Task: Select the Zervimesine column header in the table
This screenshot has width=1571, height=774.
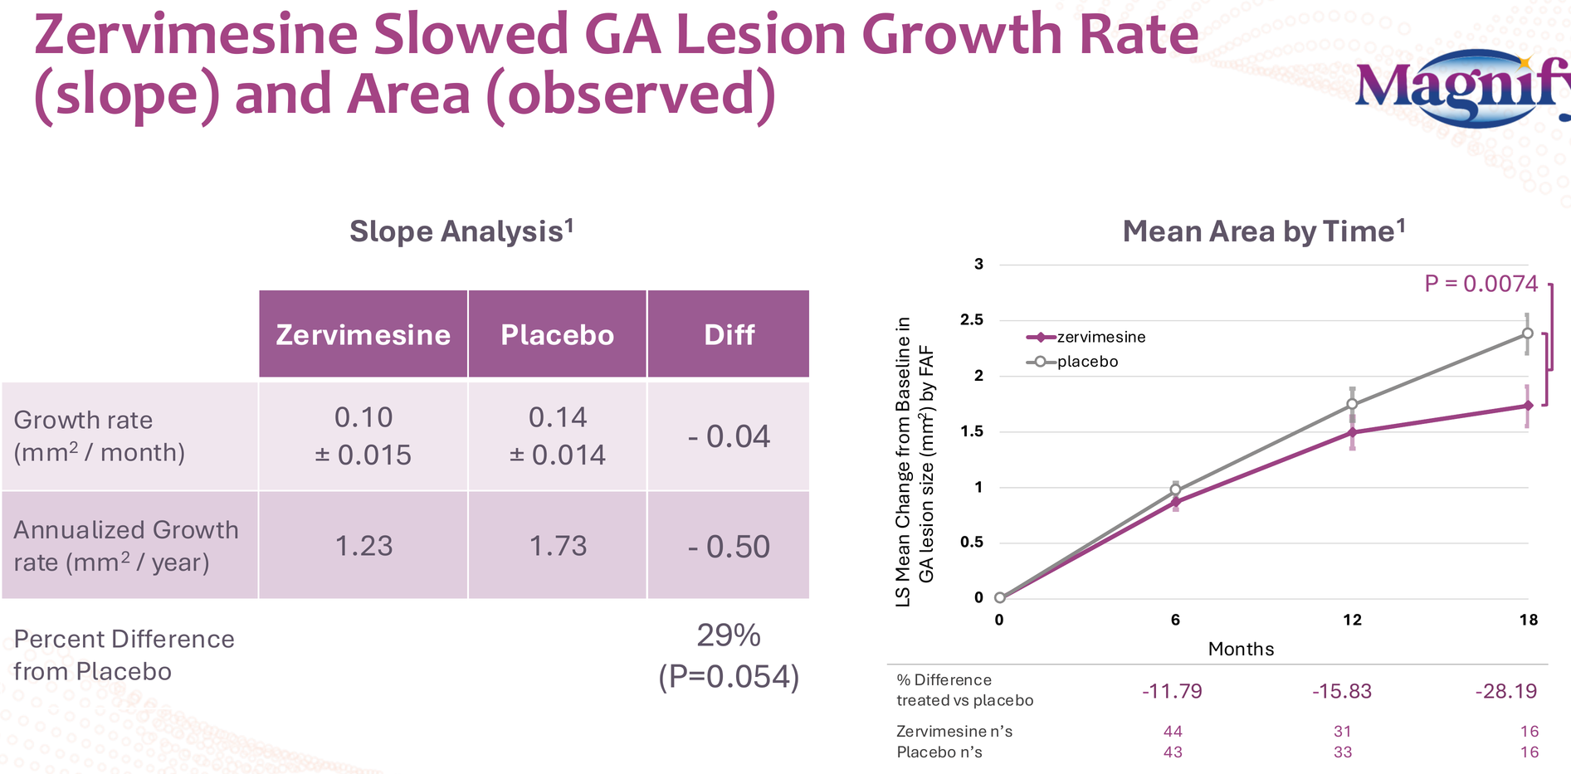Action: [363, 334]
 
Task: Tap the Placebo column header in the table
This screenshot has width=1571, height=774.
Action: [557, 334]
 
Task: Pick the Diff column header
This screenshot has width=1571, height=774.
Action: [729, 334]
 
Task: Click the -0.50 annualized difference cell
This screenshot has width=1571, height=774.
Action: [729, 547]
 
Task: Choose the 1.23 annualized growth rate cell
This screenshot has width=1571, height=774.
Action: [363, 546]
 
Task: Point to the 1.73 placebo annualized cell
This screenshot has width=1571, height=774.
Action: [558, 546]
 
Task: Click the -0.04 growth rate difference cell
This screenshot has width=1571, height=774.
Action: [729, 436]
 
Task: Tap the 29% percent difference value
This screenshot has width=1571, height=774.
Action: [728, 636]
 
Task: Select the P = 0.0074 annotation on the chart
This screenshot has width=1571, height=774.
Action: [1481, 284]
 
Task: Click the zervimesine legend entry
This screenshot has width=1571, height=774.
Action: [1087, 337]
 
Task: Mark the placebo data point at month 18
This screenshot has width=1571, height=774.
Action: [1527, 333]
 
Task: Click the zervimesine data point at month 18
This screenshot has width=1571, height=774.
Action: [1527, 406]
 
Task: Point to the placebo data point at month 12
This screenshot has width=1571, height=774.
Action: [1352, 404]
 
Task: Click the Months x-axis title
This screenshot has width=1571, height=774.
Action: [1241, 649]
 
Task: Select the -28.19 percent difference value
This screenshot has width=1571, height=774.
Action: [1505, 691]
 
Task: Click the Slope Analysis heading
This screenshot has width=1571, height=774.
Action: [461, 231]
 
